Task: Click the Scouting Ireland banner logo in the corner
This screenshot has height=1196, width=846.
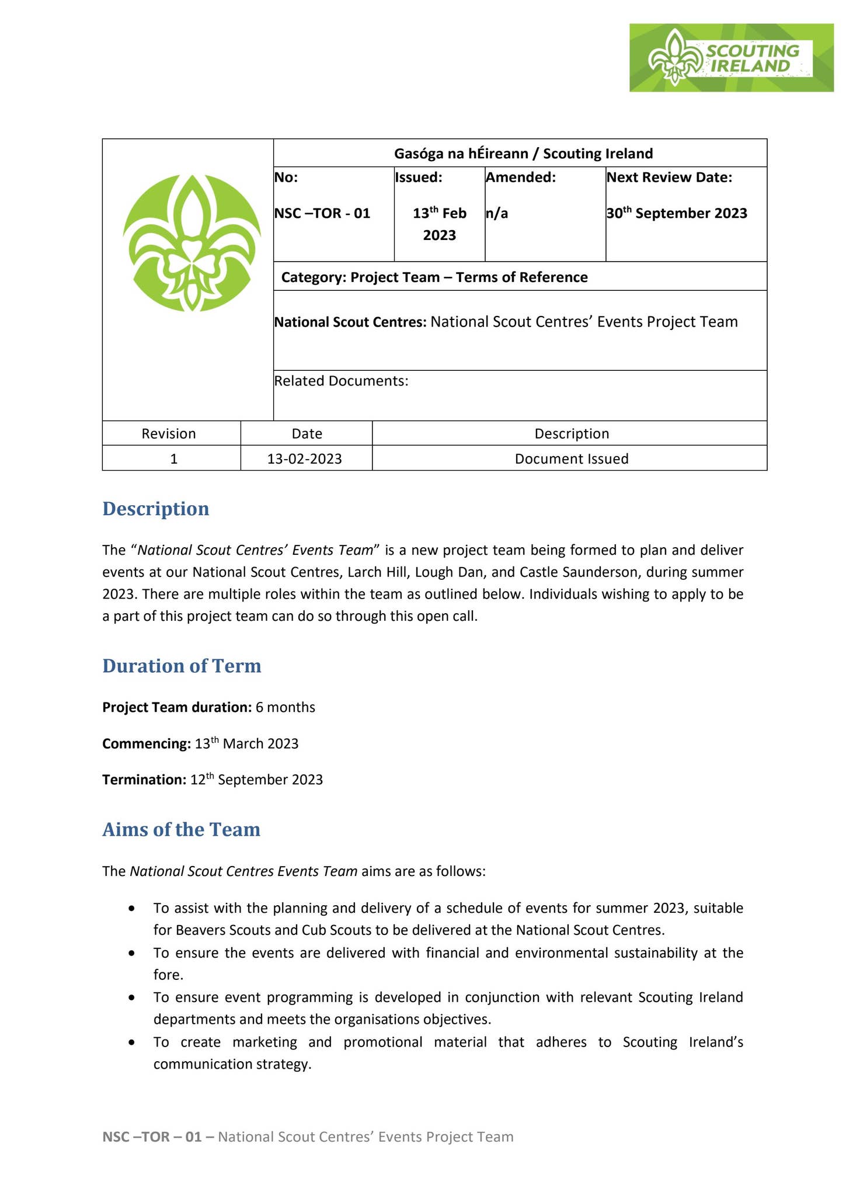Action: [x=730, y=58]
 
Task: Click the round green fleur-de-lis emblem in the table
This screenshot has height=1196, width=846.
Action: [x=192, y=242]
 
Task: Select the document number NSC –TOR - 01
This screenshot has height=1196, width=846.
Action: [x=322, y=213]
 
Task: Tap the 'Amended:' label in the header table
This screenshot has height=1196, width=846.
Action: [x=520, y=178]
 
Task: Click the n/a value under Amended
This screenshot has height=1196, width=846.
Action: [x=497, y=214]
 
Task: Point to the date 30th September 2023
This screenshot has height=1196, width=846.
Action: [x=677, y=213]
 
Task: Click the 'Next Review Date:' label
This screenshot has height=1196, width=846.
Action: [x=669, y=178]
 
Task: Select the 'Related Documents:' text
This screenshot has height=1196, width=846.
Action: [x=341, y=381]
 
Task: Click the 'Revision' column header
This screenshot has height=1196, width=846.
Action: [x=169, y=434]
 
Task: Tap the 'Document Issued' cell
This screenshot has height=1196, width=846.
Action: [x=571, y=459]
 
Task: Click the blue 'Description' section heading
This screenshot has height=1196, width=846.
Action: [x=156, y=509]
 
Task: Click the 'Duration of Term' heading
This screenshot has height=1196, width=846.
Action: [x=182, y=666]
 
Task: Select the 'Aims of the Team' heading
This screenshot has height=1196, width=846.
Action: [x=181, y=829]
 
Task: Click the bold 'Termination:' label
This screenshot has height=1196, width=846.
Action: [x=144, y=780]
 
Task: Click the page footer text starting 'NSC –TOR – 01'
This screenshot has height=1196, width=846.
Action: [x=308, y=1137]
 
